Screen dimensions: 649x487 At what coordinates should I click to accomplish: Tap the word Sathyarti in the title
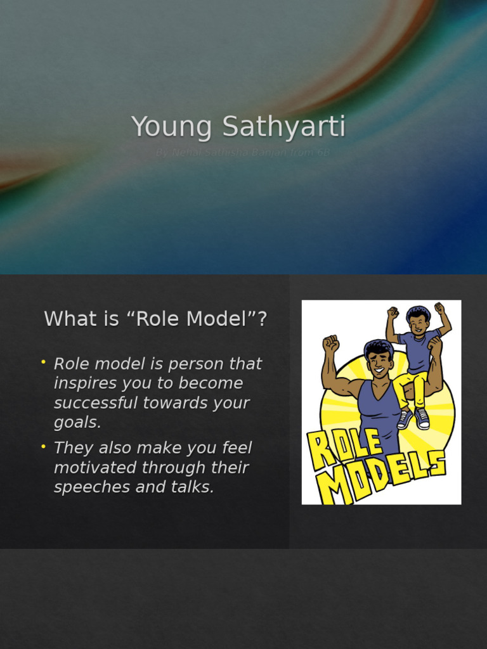[x=283, y=127]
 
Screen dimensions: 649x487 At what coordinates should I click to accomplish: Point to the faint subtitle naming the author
[x=243, y=153]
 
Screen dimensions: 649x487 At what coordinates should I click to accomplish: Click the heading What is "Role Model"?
[x=155, y=319]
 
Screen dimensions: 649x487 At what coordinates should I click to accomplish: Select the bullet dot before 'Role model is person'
[x=44, y=362]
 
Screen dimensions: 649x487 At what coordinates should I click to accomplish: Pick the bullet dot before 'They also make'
[x=44, y=446]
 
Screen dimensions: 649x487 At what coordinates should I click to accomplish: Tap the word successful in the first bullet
[x=98, y=403]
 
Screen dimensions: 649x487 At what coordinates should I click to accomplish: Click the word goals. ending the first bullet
[x=77, y=423]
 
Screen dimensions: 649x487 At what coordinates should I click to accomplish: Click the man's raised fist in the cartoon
[x=330, y=344]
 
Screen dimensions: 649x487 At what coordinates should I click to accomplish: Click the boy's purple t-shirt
[x=419, y=352]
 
